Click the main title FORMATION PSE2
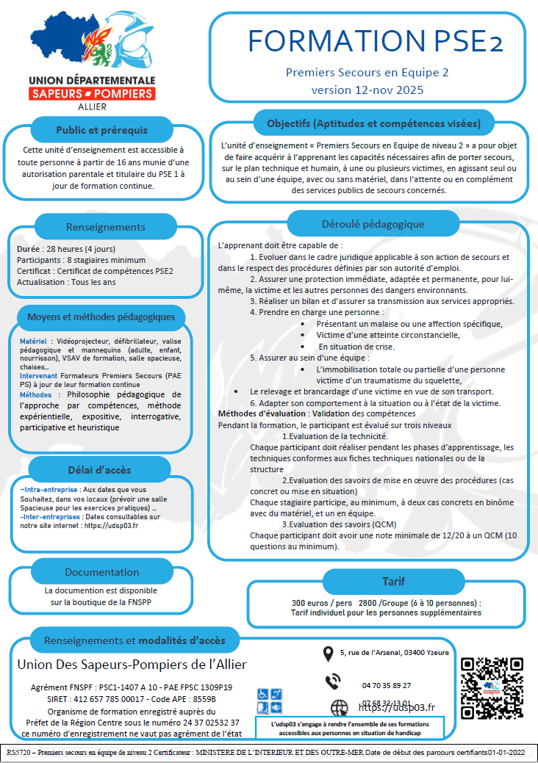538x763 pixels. click(375, 40)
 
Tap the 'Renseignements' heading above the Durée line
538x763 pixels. click(105, 227)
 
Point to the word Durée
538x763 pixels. click(29, 250)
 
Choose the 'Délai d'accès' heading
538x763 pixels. click(103, 470)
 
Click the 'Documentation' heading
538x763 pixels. click(101, 572)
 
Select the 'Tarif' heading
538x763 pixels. click(393, 581)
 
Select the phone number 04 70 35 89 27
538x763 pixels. click(387, 685)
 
